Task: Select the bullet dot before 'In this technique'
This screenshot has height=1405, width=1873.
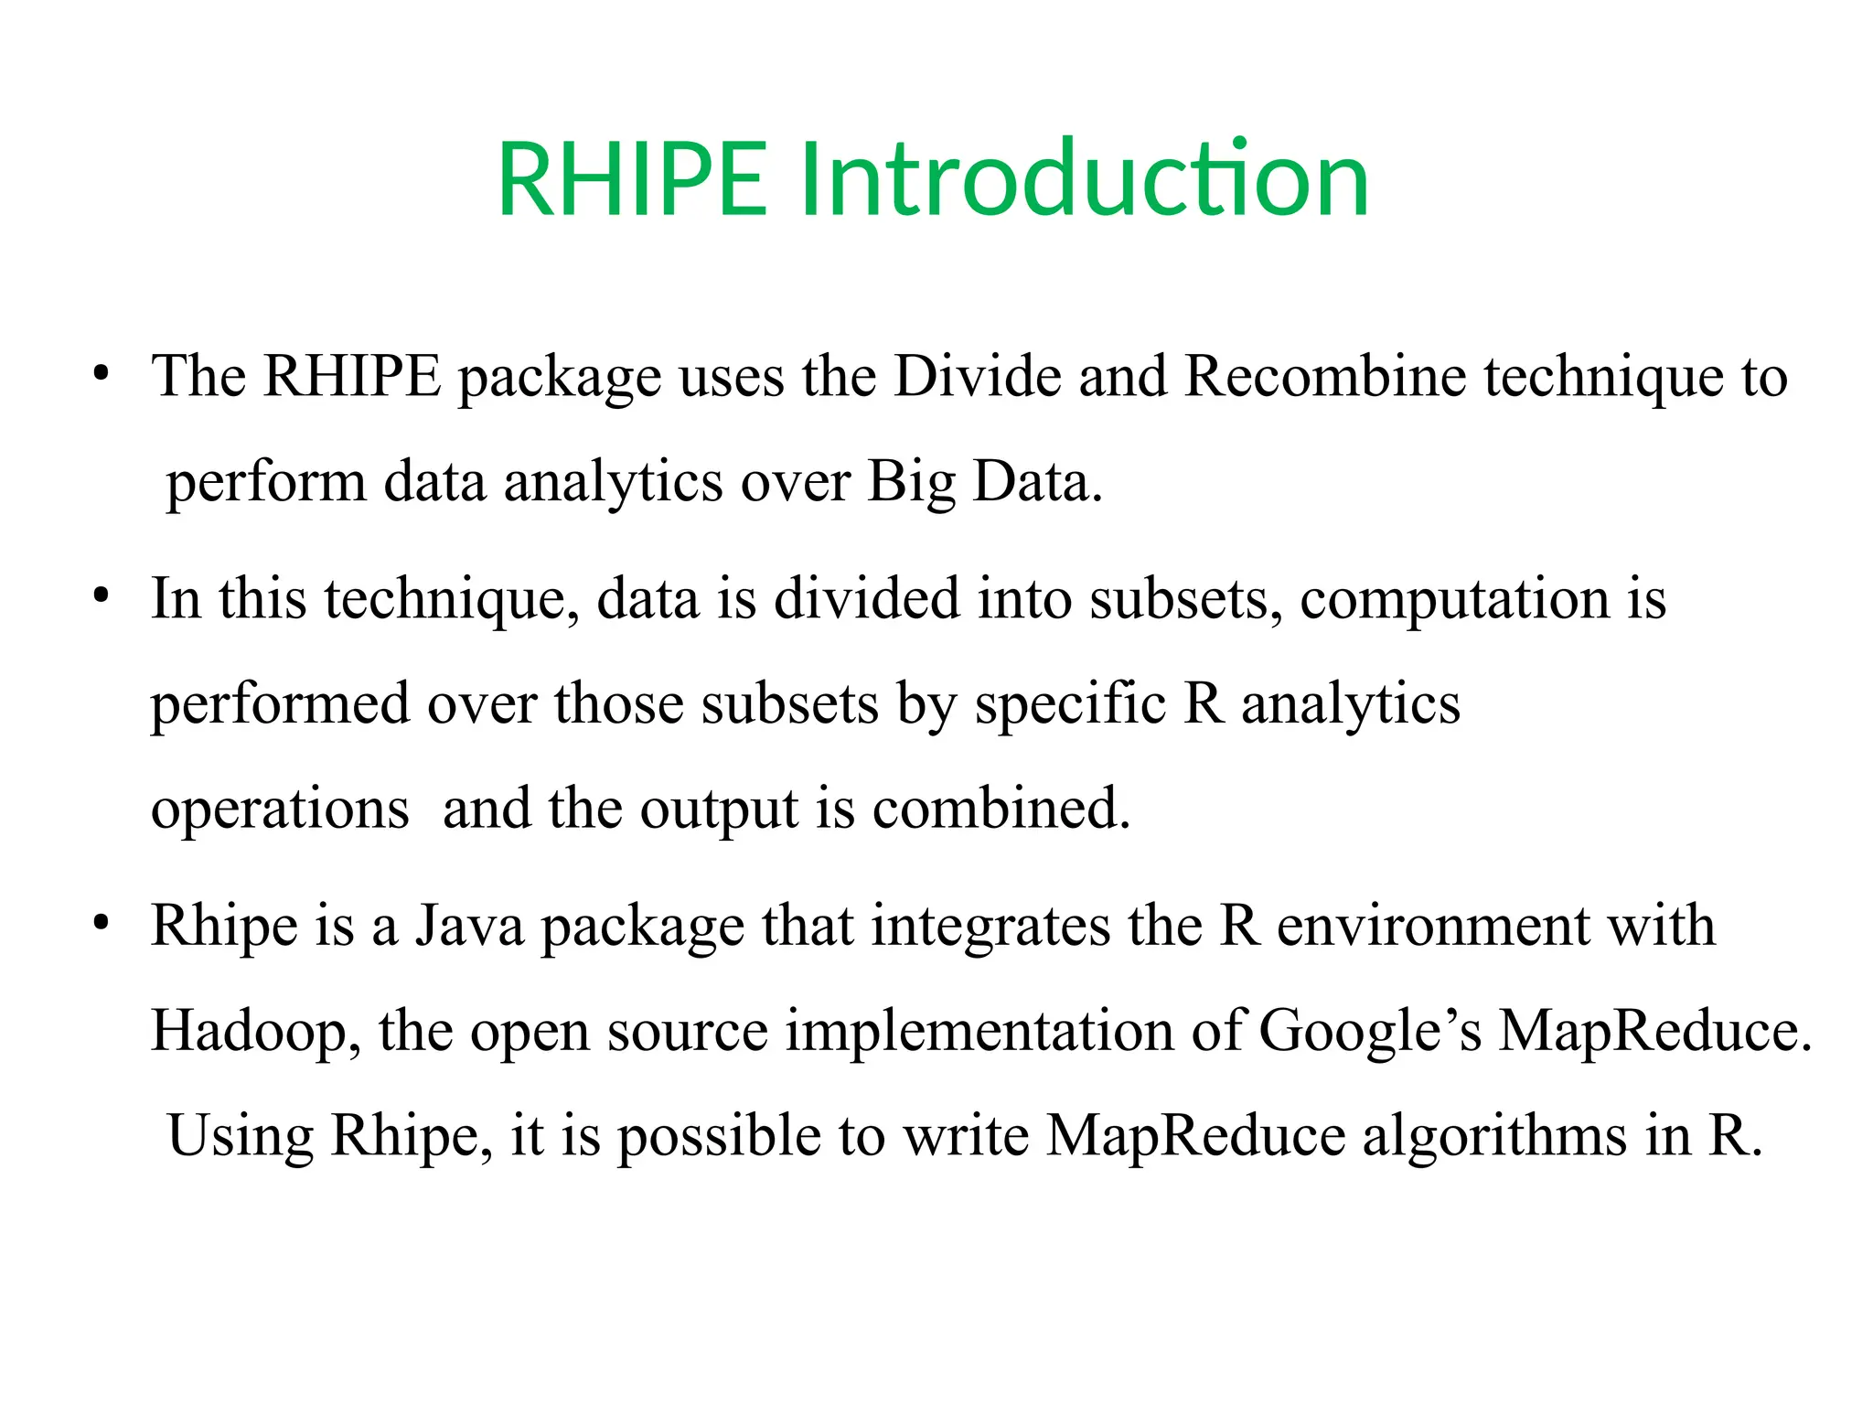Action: coord(101,595)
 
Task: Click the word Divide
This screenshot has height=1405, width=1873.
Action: coord(977,376)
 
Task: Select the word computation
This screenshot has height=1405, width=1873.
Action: coord(1454,599)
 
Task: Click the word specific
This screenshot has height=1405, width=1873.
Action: coord(1069,704)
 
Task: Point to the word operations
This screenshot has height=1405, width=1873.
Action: coord(280,810)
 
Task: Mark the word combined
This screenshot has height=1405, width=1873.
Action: coord(1001,810)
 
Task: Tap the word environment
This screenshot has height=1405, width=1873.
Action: coord(1433,926)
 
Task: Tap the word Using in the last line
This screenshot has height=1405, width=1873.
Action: coord(241,1136)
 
